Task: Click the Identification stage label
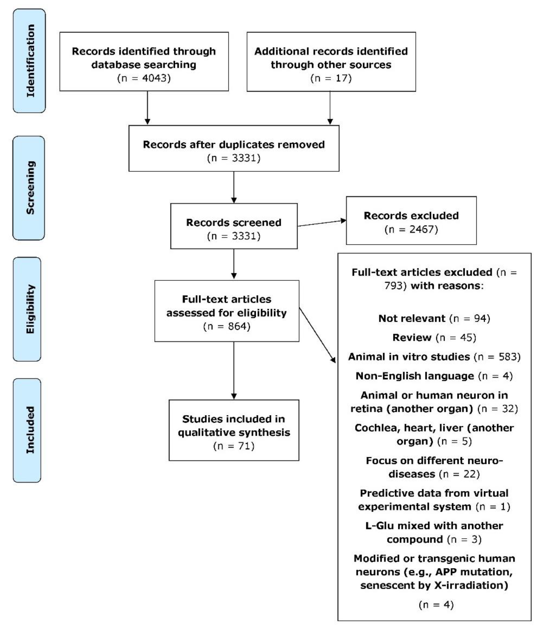30,61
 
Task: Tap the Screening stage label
29,188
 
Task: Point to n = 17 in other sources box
331,78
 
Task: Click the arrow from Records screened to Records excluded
322,223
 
